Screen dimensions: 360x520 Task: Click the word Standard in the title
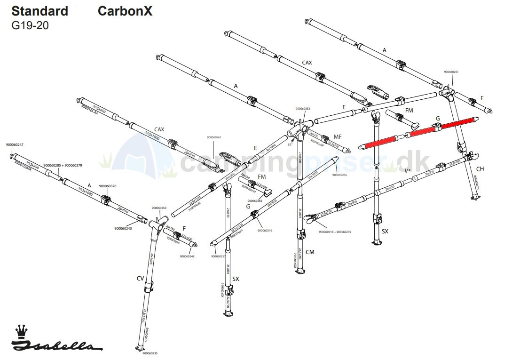tap(39, 11)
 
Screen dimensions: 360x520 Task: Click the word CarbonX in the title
tap(125, 11)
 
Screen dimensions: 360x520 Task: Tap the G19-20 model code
tap(30, 25)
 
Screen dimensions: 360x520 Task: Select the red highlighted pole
tap(418, 132)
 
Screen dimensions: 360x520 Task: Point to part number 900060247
tap(15, 144)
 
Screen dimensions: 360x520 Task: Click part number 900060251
tap(451, 72)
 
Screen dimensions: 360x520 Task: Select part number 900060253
tap(303, 109)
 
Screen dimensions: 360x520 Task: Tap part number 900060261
tap(214, 137)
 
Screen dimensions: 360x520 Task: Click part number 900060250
tap(159, 208)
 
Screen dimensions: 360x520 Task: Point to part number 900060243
tap(123, 228)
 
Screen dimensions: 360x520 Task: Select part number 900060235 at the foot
tap(150, 353)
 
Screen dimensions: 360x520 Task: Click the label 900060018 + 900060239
tap(335, 232)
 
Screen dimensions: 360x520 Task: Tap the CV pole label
tap(140, 279)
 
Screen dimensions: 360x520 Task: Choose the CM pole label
tap(310, 252)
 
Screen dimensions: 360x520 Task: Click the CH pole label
tap(480, 169)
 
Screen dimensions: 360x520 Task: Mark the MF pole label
tap(338, 136)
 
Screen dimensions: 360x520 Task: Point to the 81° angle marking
tap(290, 144)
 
